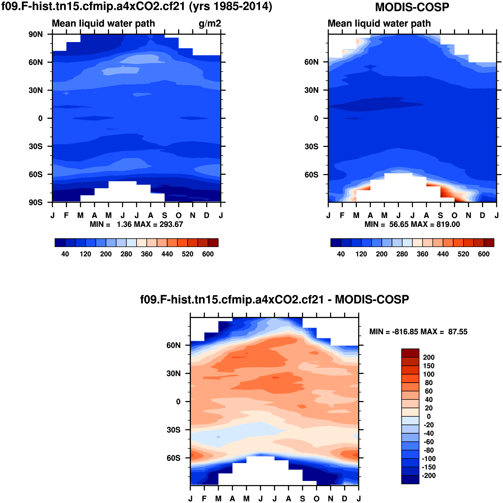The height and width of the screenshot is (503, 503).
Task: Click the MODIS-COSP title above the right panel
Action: point(412,7)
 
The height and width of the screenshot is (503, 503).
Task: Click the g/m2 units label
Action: point(210,24)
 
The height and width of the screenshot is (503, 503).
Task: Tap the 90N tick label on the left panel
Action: point(36,34)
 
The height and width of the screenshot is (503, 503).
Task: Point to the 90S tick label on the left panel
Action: point(36,203)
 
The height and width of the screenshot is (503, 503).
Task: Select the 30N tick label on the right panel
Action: point(311,90)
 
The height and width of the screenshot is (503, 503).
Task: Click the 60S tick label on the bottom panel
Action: point(173,458)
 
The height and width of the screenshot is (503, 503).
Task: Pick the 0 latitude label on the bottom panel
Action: point(178,402)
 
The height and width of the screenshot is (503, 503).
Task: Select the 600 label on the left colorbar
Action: point(208,254)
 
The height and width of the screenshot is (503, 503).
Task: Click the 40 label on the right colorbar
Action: point(341,254)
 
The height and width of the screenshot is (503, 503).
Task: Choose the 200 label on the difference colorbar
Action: point(429,358)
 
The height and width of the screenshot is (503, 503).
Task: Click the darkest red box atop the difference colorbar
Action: point(410,353)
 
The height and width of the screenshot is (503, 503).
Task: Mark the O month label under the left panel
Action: point(179,216)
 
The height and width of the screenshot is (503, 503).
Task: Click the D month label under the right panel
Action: point(482,216)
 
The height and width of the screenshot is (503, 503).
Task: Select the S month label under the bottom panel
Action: point(302,499)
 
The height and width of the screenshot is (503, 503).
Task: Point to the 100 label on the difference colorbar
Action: point(429,374)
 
